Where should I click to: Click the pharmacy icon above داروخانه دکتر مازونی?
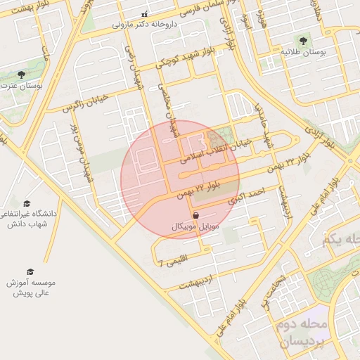click(x=145, y=14)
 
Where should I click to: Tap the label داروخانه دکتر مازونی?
click(x=145, y=24)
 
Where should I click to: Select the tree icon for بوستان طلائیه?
click(x=302, y=41)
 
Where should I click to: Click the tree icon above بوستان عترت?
click(x=21, y=74)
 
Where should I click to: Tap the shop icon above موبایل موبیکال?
click(x=195, y=215)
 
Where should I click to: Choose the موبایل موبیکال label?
click(x=195, y=226)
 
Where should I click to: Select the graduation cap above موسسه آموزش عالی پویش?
click(x=30, y=271)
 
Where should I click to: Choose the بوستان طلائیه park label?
click(x=302, y=52)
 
